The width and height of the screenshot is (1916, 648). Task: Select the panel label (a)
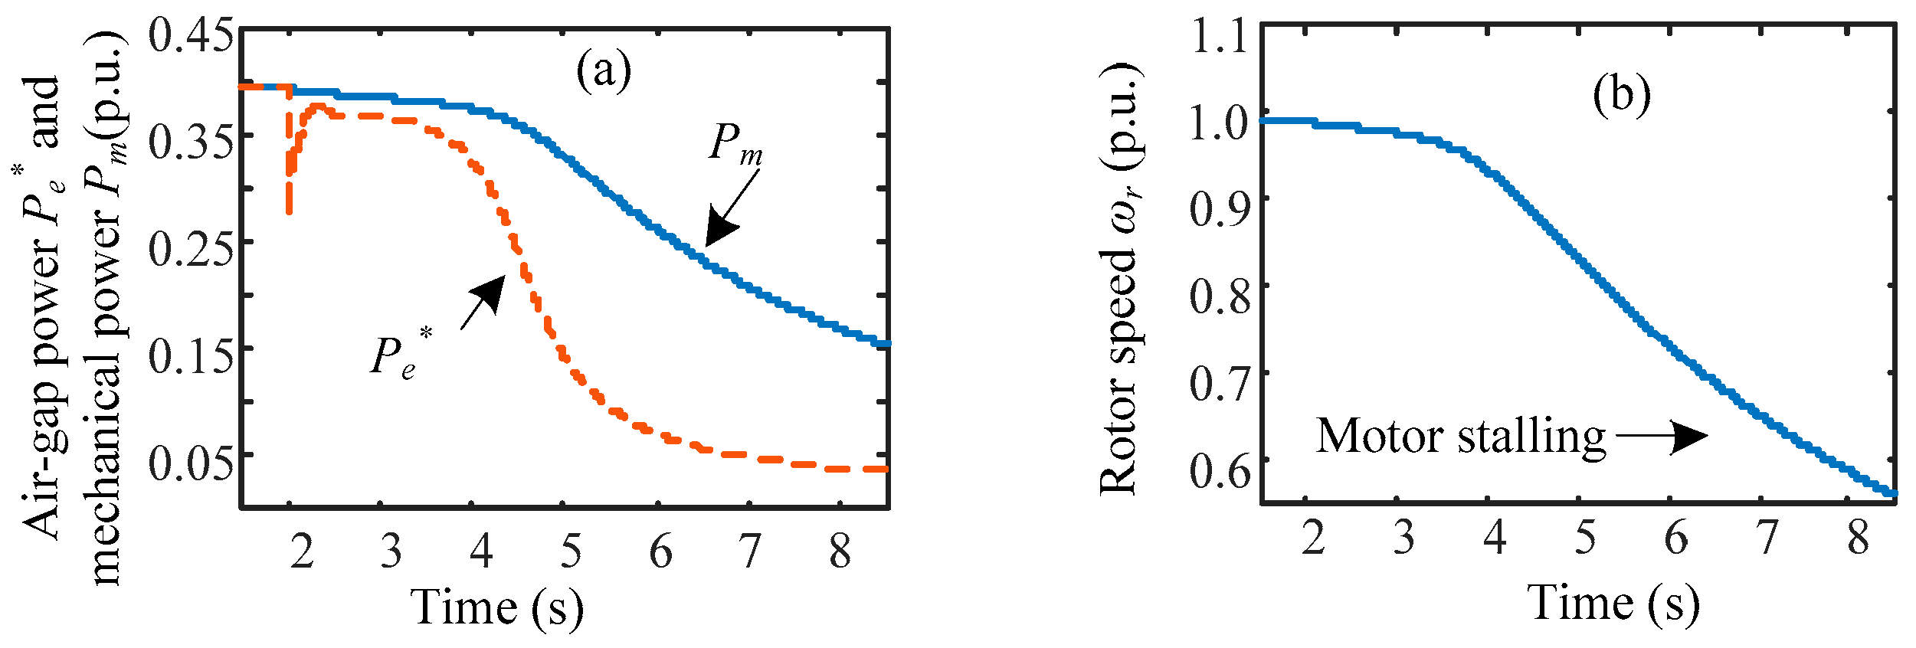604,71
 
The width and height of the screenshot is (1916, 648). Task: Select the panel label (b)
1621,96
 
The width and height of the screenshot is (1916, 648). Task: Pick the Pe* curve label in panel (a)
400,354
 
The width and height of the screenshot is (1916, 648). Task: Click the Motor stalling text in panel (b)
1460,437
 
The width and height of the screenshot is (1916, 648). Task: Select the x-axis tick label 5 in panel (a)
571,550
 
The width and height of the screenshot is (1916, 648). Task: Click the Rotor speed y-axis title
1119,280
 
